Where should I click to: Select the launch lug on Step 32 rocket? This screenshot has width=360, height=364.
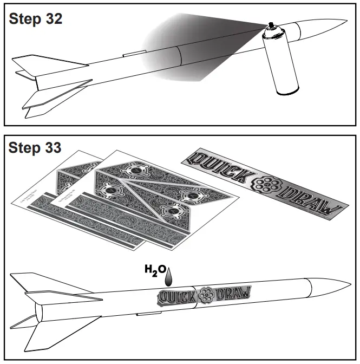click(133, 54)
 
